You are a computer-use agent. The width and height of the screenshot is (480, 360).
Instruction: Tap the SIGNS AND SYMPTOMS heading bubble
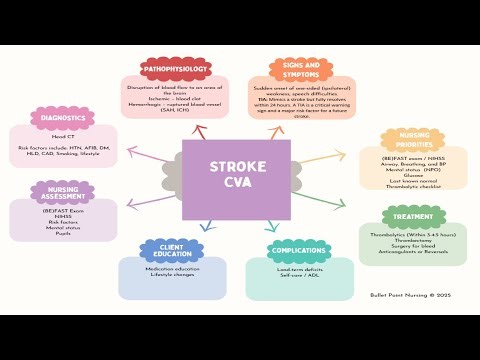click(x=300, y=70)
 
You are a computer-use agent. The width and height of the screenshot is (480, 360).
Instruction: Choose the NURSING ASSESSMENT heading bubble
click(x=63, y=190)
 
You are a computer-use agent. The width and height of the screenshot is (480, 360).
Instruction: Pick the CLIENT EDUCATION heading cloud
click(x=165, y=250)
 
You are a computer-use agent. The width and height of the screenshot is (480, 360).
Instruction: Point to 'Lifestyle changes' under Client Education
click(x=165, y=274)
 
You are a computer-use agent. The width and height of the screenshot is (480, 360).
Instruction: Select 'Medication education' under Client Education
click(x=165, y=267)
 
